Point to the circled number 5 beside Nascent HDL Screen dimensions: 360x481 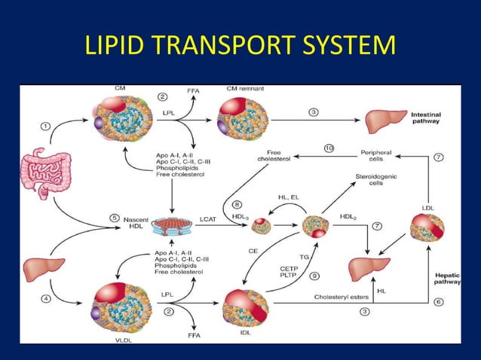[x=115, y=218]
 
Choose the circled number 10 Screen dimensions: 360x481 [x=329, y=149]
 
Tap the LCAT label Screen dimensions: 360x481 [x=209, y=218]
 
